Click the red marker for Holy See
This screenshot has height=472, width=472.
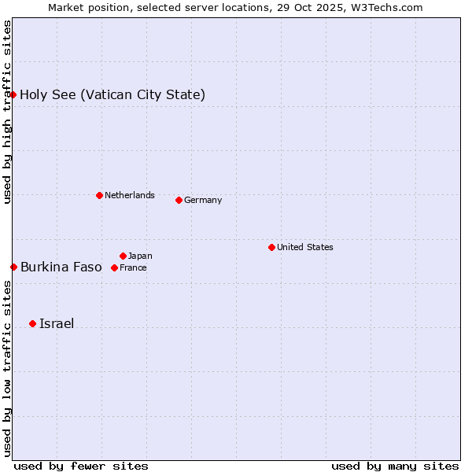click(13, 94)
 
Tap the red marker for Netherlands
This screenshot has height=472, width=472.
click(99, 195)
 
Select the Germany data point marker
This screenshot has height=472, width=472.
click(179, 200)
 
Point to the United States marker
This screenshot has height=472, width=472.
click(271, 247)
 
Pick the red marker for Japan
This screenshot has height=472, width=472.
click(123, 256)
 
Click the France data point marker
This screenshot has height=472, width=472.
click(114, 267)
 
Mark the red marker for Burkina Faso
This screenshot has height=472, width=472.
click(13, 267)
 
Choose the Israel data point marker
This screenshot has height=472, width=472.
click(32, 323)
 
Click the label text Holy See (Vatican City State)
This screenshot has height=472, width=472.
click(112, 95)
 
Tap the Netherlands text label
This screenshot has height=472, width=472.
click(130, 195)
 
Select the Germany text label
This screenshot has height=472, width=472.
click(203, 200)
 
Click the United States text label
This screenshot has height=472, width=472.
click(305, 247)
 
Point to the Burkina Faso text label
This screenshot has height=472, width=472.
click(61, 267)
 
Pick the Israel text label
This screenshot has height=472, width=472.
click(57, 324)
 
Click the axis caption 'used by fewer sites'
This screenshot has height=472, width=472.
click(81, 466)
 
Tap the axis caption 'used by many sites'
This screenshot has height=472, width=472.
click(395, 466)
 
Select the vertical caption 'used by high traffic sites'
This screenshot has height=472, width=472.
click(7, 112)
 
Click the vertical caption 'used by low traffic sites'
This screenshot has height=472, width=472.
click(7, 367)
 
